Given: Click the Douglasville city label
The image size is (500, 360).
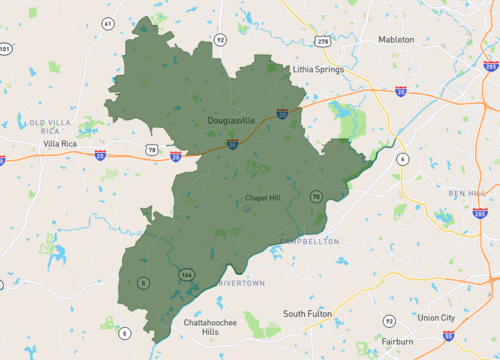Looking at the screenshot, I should click(232, 120).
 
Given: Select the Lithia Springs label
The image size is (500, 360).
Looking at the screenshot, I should click(318, 70).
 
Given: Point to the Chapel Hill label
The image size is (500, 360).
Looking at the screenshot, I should click(263, 198).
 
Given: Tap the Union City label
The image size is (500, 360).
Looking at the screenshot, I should click(435, 317).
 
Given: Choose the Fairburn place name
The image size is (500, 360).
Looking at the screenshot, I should click(397, 342).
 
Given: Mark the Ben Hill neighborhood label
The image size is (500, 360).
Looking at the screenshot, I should click(465, 192).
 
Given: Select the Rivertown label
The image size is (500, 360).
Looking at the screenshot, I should click(243, 283).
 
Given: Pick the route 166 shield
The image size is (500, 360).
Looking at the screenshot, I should click(185, 274).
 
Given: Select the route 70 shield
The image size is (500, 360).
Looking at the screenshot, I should click(315, 196).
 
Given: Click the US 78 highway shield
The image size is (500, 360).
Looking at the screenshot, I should click(152, 150).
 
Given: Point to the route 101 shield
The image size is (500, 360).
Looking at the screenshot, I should click(6, 48).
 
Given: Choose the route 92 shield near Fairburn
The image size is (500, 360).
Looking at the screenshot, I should click(389, 321).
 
